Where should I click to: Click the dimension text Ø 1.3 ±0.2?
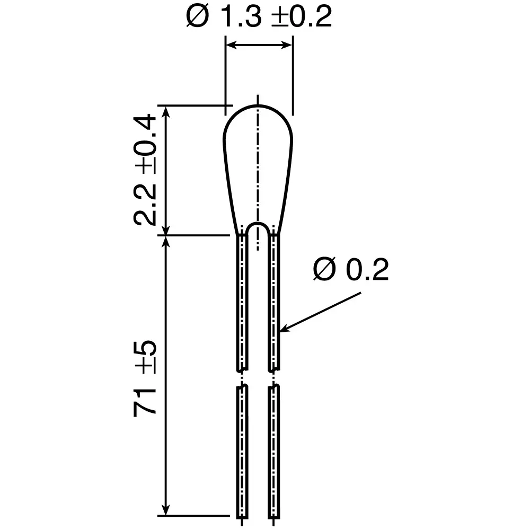(259, 17)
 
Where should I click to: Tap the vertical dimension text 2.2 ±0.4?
(145, 170)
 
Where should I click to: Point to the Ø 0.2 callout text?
(351, 270)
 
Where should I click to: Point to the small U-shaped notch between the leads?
(258, 231)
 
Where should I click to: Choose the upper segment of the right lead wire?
(273, 302)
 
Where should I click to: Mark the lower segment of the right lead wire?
(273, 450)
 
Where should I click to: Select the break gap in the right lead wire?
(273, 378)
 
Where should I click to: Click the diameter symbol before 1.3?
(197, 17)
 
